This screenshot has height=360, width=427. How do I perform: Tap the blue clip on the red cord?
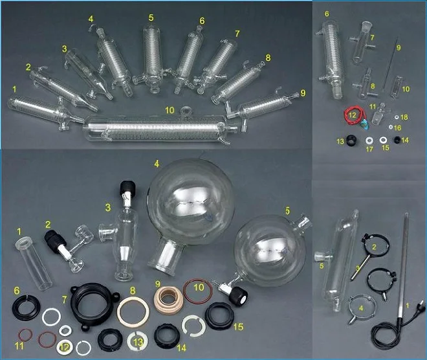click(x=363, y=124)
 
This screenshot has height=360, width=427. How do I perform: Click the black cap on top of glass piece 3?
click(x=127, y=188)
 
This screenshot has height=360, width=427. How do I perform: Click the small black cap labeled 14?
click(x=397, y=139)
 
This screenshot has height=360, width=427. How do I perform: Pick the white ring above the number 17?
click(x=369, y=141)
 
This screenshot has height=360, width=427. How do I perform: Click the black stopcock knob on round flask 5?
click(x=238, y=296)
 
